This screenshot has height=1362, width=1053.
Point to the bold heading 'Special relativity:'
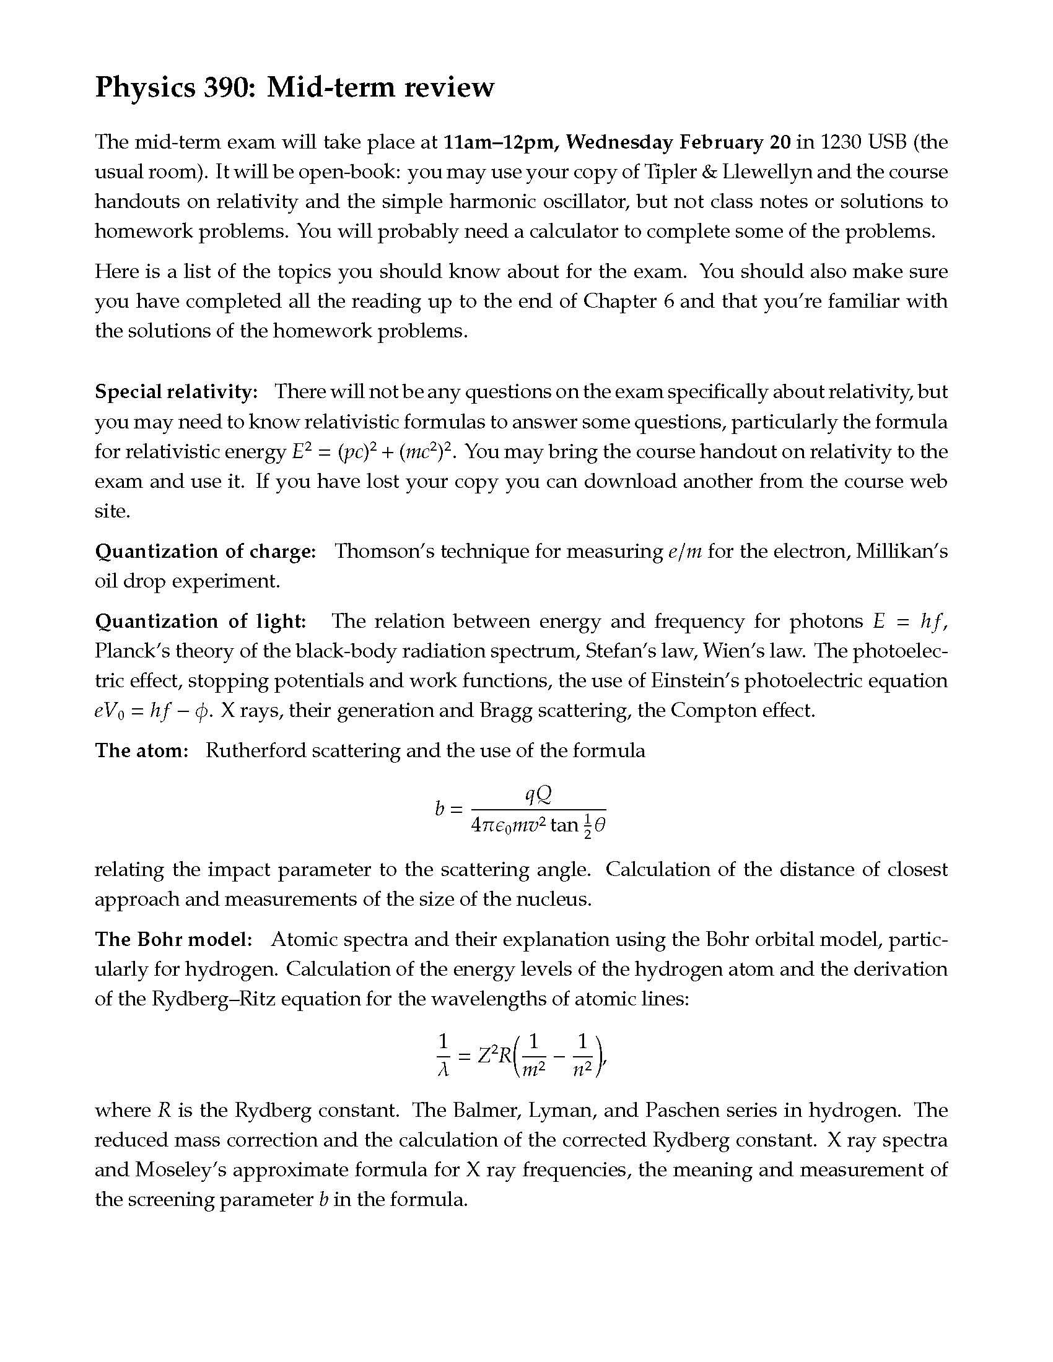[x=176, y=392]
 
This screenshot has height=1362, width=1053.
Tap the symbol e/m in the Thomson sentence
[x=684, y=551]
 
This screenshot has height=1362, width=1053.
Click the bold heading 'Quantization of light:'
[x=200, y=621]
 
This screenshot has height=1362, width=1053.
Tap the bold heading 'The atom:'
[x=142, y=750]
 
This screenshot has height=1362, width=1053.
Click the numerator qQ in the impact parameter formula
[x=538, y=794]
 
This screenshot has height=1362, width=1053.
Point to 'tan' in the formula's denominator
[x=564, y=826]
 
